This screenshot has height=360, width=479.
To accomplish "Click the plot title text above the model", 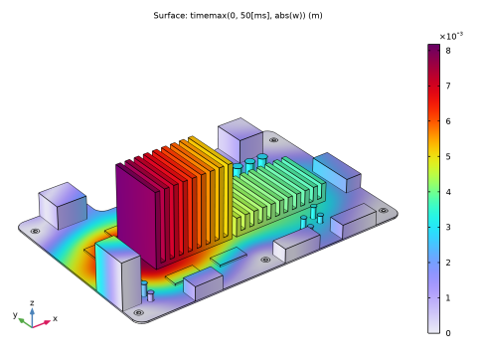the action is click(238, 16).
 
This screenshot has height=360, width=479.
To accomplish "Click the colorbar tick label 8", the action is click(448, 51).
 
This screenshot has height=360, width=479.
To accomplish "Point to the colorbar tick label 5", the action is click(448, 156).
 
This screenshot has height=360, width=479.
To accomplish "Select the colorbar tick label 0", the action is click(448, 333).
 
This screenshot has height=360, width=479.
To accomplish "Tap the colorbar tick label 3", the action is click(448, 227).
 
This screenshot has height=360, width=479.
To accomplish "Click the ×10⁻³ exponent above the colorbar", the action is click(451, 36).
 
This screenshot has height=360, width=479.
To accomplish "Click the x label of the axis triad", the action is click(55, 318).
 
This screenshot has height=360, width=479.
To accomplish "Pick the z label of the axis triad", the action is click(32, 302).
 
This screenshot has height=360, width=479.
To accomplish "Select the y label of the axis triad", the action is click(15, 314).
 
